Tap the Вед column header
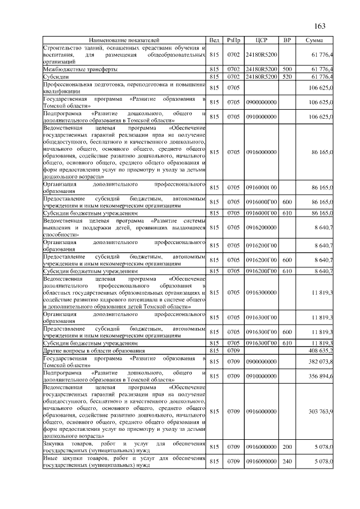[x=214, y=40]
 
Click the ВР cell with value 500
[x=287, y=69]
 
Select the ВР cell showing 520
[x=287, y=76]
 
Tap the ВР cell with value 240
[x=287, y=462]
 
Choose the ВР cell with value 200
[x=287, y=447]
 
